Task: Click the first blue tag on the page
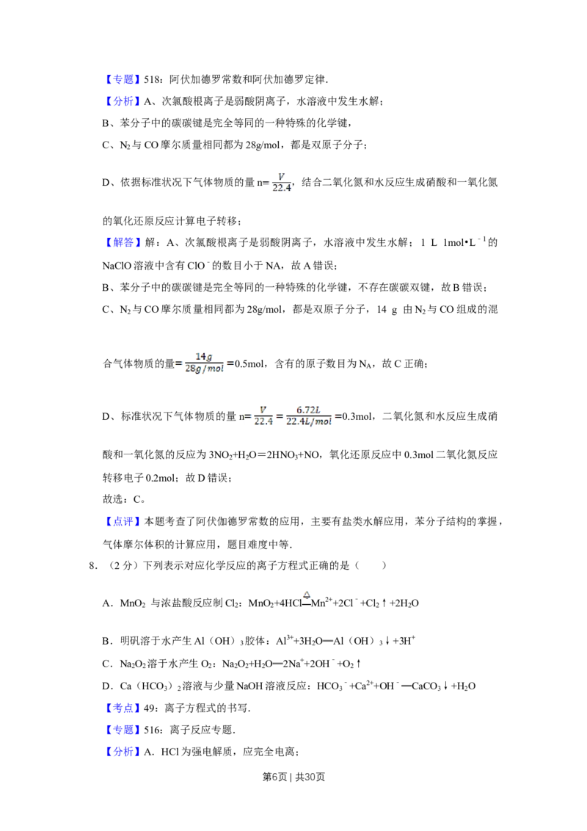[123, 79]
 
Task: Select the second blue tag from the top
[123, 101]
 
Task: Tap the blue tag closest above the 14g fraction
[123, 243]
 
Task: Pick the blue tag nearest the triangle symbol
[123, 521]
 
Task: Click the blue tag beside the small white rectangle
[123, 708]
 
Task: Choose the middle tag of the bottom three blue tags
[123, 730]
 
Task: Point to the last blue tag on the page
[123, 752]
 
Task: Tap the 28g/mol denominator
[205, 369]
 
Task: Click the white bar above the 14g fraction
[205, 349]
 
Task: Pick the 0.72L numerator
[308, 410]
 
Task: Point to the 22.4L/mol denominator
[308, 422]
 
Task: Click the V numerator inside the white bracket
[263, 410]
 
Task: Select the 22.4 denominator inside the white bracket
[263, 422]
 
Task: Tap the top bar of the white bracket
[293, 402]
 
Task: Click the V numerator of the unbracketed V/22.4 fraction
[282, 175]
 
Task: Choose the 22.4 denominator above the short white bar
[281, 188]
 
